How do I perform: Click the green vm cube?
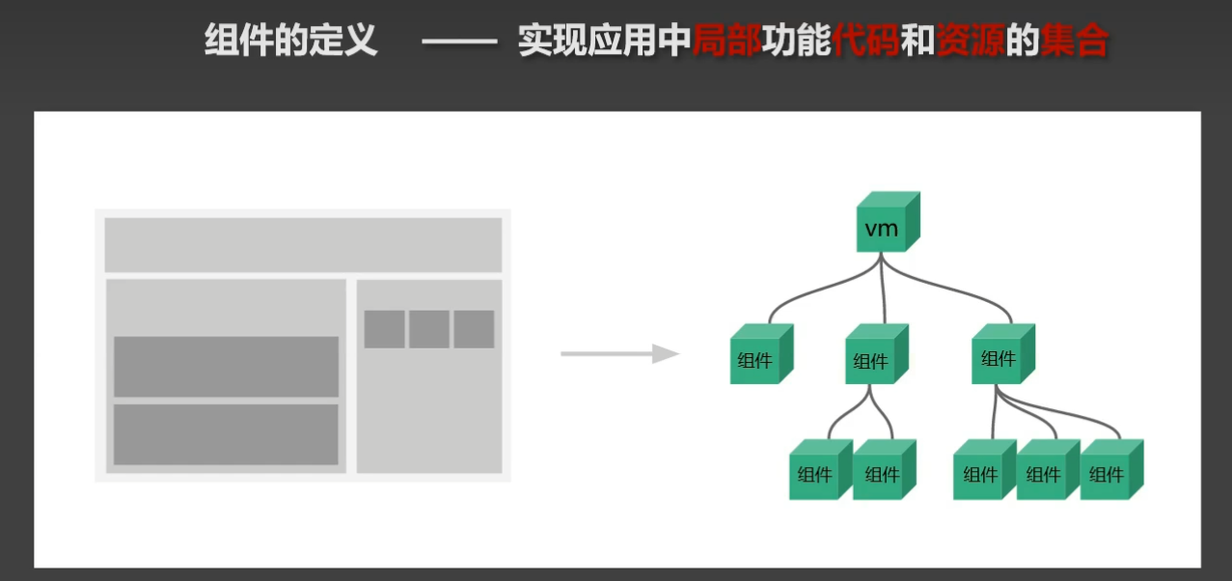click(888, 222)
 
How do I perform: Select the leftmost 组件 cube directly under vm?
click(761, 354)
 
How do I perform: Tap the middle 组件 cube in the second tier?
click(877, 354)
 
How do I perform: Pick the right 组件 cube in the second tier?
click(1003, 354)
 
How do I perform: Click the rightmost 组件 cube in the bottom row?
click(1111, 469)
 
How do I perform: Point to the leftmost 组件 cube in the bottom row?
click(821, 469)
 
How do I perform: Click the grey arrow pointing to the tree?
click(619, 354)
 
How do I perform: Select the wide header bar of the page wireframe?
click(303, 245)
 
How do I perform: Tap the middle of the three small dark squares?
click(429, 329)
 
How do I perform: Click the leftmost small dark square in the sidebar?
click(384, 329)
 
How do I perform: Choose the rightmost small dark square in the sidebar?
click(474, 329)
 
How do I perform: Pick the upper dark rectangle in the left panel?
click(226, 367)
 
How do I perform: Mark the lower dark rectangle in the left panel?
click(226, 434)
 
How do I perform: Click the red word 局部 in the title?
click(727, 41)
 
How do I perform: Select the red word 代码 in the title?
click(866, 41)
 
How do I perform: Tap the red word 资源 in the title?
click(971, 41)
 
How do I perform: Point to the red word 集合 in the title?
click(1074, 41)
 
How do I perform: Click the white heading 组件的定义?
click(291, 41)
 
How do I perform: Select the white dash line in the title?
click(459, 41)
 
